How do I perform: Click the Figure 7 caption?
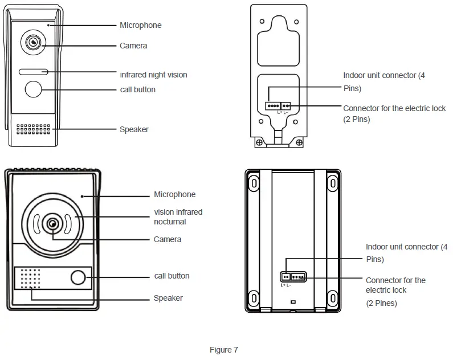[x=224, y=350]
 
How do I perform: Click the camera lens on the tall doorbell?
[x=33, y=43]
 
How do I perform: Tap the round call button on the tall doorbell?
[x=33, y=89]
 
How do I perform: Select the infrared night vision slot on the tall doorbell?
[x=33, y=72]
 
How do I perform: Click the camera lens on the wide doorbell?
[x=52, y=224]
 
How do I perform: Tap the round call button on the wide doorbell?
[x=78, y=278]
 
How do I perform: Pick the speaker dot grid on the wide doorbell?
[x=31, y=279]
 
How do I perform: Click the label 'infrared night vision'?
[x=153, y=75]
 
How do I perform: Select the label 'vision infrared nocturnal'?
[x=178, y=216]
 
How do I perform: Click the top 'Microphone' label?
[x=140, y=25]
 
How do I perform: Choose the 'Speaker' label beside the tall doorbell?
[x=134, y=129]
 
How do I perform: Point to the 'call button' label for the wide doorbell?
[x=172, y=276]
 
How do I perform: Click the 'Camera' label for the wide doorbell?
[x=168, y=239]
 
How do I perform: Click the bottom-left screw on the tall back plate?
[x=259, y=142]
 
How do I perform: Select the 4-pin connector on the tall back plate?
[x=272, y=105]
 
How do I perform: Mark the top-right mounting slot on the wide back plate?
[x=332, y=182]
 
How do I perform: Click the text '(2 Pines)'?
[x=381, y=303]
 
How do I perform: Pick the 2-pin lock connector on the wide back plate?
[x=285, y=277]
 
